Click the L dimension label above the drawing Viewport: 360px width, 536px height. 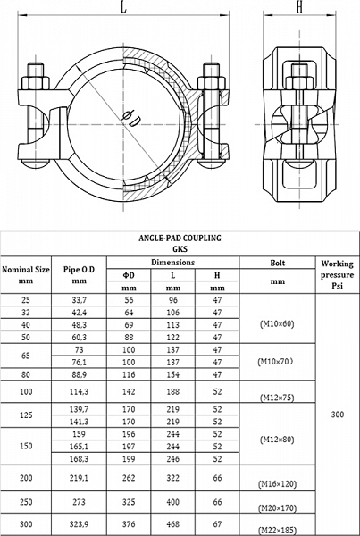[123, 7]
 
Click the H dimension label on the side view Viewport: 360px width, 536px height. [300, 7]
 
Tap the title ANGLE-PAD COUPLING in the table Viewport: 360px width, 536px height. [180, 238]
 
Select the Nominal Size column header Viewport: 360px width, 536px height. [26, 275]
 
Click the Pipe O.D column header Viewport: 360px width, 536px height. [79, 275]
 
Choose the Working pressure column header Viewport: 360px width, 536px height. [338, 275]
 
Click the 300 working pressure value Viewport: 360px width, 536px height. [338, 415]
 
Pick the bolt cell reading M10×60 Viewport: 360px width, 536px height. [277, 324]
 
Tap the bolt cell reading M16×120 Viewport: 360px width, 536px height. [277, 483]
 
